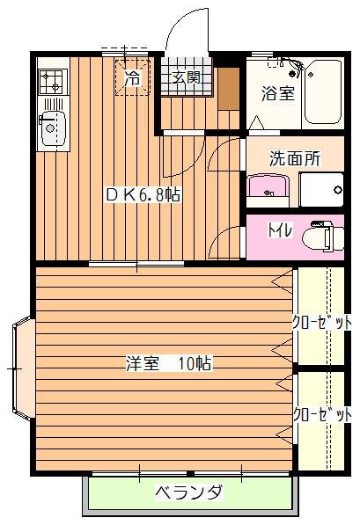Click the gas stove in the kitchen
(x=54, y=82)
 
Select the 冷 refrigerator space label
(x=133, y=78)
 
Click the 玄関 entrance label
(x=187, y=78)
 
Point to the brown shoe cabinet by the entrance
(x=229, y=89)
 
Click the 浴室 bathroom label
(x=278, y=93)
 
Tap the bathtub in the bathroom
(x=323, y=92)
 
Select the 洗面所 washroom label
(x=295, y=158)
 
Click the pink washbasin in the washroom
(x=268, y=186)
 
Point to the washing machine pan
(x=321, y=190)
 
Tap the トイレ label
(x=280, y=230)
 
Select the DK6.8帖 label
(x=143, y=194)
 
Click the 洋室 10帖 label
(x=169, y=363)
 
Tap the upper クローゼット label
(x=322, y=323)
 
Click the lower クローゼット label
(x=322, y=415)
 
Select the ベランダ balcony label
(x=188, y=492)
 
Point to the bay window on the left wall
(x=23, y=368)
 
